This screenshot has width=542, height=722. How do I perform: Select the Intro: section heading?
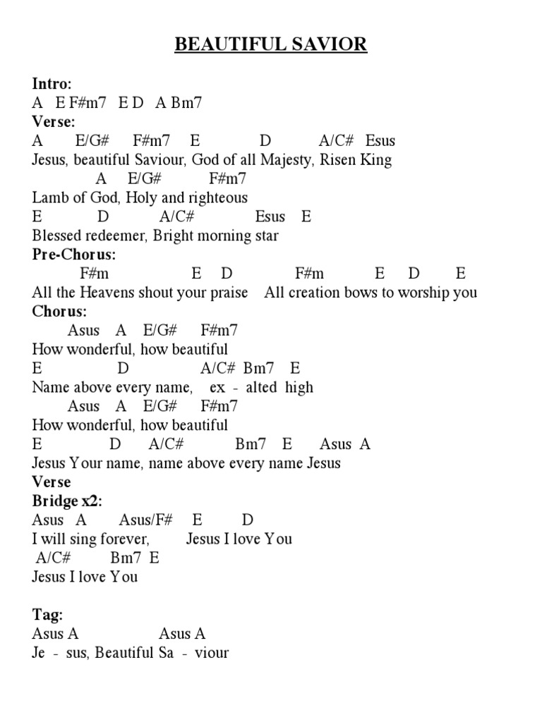tap(52, 84)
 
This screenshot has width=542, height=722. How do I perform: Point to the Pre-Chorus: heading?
tap(74, 255)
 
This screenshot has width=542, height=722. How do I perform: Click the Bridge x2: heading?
tap(67, 501)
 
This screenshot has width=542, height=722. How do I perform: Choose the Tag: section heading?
tap(47, 615)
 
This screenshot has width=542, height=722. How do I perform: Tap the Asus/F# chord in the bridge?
tap(146, 520)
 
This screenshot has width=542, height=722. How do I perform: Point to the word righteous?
tap(217, 198)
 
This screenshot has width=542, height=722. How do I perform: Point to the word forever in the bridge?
tap(124, 539)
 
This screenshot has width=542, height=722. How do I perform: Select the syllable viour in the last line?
tap(212, 653)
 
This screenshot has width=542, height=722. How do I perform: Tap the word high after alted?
tap(299, 388)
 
